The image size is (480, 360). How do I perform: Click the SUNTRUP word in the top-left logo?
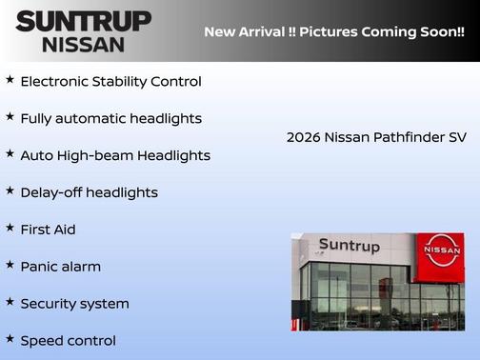(x=83, y=21)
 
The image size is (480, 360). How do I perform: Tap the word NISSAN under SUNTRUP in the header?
(x=83, y=44)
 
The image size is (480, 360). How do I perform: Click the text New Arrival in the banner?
(x=244, y=31)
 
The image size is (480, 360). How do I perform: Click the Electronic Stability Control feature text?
(x=110, y=81)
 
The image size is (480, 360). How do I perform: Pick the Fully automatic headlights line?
(x=110, y=118)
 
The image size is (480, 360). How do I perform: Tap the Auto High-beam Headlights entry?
(x=115, y=155)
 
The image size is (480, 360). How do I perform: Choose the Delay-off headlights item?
(x=89, y=192)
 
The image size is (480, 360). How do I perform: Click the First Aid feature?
(x=48, y=230)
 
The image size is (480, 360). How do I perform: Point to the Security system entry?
(x=74, y=304)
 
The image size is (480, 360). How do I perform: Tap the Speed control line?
(x=68, y=341)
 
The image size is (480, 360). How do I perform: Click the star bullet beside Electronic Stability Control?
(x=10, y=79)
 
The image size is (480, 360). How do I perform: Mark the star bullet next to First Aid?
(x=10, y=228)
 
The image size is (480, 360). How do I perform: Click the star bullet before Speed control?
(x=10, y=339)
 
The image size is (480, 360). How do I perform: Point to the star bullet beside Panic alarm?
(x=10, y=265)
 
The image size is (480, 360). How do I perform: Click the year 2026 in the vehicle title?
(x=303, y=137)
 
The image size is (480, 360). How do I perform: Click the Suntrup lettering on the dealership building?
(x=349, y=246)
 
